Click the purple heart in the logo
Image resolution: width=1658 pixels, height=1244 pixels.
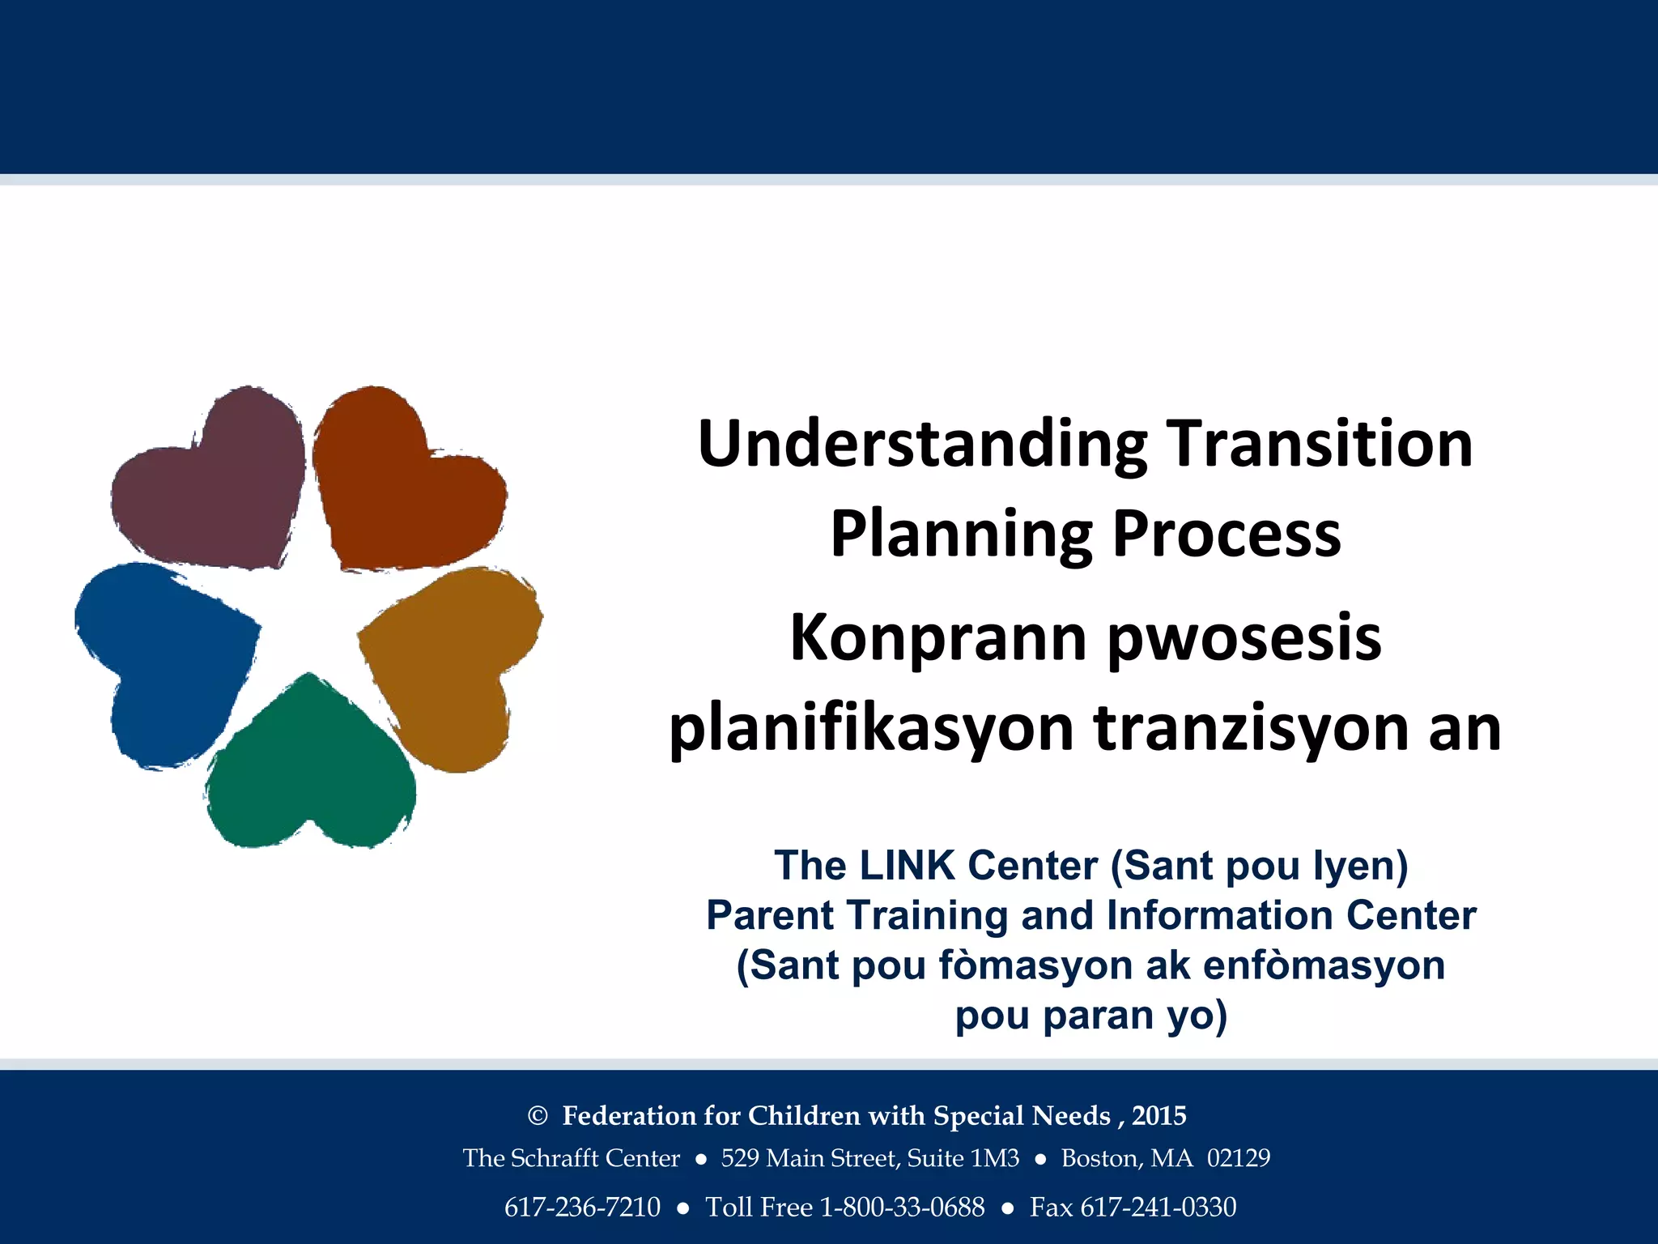pyautogui.click(x=215, y=486)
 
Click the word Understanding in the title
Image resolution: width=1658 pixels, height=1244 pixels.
pyautogui.click(x=922, y=445)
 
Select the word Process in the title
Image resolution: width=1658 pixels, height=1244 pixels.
pyautogui.click(x=1226, y=535)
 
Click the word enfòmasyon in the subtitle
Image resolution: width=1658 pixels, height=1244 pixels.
pyautogui.click(x=1324, y=965)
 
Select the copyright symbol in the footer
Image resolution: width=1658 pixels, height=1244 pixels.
pyautogui.click(x=538, y=1116)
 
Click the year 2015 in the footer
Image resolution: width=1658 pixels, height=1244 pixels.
pyautogui.click(x=1158, y=1116)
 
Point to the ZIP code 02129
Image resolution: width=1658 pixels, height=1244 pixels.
pyautogui.click(x=1239, y=1158)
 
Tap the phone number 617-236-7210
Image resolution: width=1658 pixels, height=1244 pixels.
pyautogui.click(x=582, y=1208)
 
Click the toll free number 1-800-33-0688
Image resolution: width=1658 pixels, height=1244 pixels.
pyautogui.click(x=902, y=1208)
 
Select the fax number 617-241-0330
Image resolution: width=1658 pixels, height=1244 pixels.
pyautogui.click(x=1158, y=1208)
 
